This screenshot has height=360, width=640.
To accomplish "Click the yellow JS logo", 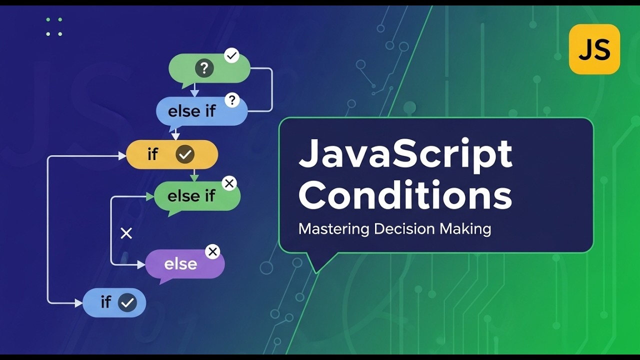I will [594, 49].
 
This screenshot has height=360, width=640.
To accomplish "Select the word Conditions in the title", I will [405, 195].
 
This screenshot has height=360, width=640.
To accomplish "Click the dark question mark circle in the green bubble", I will [204, 68].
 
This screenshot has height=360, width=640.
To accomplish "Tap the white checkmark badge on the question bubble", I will [231, 55].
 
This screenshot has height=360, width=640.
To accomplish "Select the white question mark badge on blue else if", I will [231, 100].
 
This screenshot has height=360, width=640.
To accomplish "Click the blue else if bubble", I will [195, 111].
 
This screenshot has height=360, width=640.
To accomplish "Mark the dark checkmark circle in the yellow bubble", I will [185, 155].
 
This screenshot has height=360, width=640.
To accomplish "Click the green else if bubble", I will [192, 196].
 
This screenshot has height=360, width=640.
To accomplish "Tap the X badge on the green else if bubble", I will [229, 183].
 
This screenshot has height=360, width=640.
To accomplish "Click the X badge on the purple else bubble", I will [212, 251].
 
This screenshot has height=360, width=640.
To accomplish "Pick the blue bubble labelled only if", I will [107, 302].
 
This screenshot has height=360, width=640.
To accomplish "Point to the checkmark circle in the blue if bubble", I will [127, 302].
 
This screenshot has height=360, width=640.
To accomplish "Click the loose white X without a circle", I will [126, 233].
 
